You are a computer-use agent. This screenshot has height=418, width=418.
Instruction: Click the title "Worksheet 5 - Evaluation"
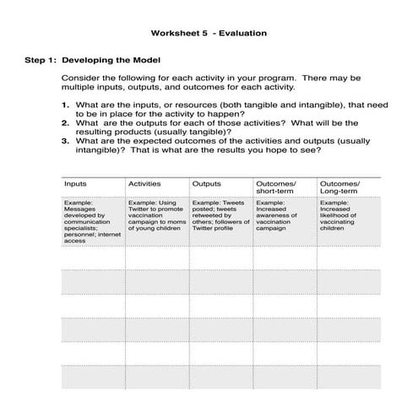[x=209, y=34]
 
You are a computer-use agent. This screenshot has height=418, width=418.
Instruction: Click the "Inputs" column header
[x=76, y=182]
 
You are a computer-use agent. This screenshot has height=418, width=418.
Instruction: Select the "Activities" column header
[x=144, y=182]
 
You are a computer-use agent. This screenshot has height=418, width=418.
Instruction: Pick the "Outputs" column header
[x=207, y=182]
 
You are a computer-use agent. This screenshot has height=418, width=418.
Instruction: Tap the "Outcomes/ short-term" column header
[x=274, y=187]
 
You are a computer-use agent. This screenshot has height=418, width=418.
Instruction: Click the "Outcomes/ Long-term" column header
[x=339, y=187]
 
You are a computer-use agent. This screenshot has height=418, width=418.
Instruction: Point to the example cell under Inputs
[x=91, y=221]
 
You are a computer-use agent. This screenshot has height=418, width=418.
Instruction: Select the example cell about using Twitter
[x=156, y=215]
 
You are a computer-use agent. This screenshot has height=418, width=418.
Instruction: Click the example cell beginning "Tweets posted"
[x=220, y=215]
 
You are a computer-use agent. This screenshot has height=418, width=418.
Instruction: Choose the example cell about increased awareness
[x=283, y=215]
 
